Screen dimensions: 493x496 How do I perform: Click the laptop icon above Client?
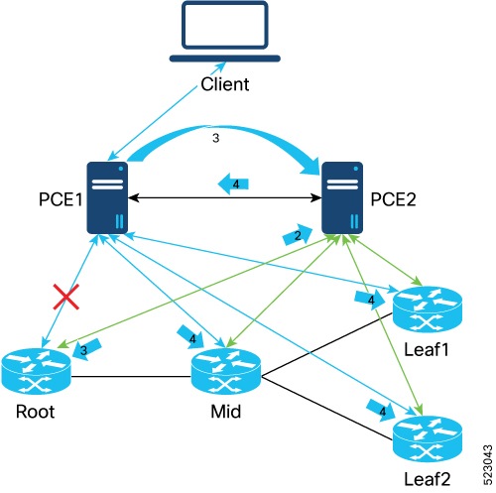pyautogui.click(x=225, y=33)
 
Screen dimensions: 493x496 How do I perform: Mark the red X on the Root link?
pyautogui.click(x=67, y=296)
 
